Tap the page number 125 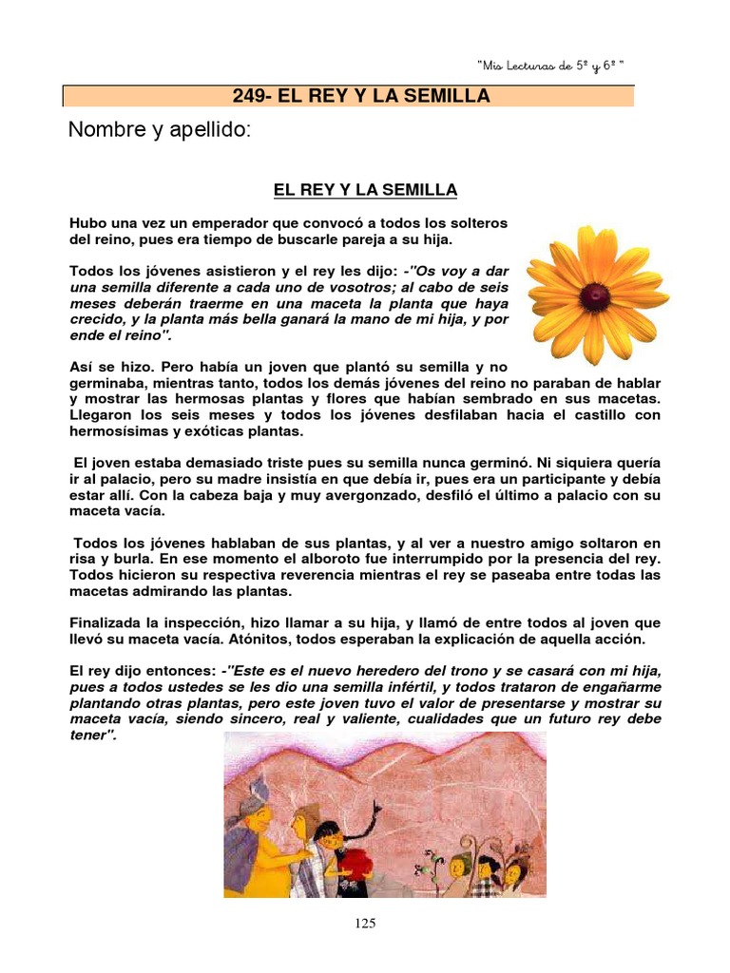tap(365, 924)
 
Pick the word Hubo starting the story tap(87, 222)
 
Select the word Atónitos tap(270, 639)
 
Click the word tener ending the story tap(90, 735)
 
